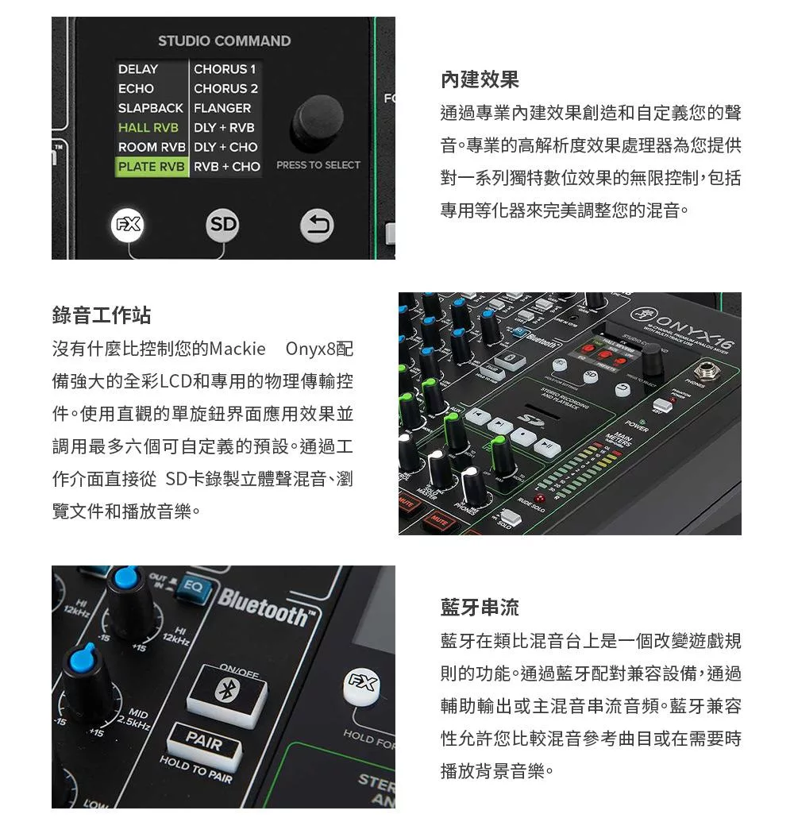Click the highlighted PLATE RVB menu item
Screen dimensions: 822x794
[x=152, y=167]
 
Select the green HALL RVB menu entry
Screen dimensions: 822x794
[x=148, y=127]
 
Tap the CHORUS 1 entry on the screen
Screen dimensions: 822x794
[x=225, y=69]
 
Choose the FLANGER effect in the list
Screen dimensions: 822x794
[x=222, y=108]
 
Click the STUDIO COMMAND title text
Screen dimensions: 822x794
[x=224, y=41]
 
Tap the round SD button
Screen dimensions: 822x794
[x=223, y=225]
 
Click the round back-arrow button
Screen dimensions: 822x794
[x=317, y=225]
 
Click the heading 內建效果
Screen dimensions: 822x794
[x=480, y=79]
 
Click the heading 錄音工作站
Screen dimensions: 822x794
[x=101, y=315]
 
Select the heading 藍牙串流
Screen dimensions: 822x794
[x=480, y=608]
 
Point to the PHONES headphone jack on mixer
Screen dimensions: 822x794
[x=707, y=371]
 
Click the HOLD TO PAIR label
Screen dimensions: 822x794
[x=196, y=770]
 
